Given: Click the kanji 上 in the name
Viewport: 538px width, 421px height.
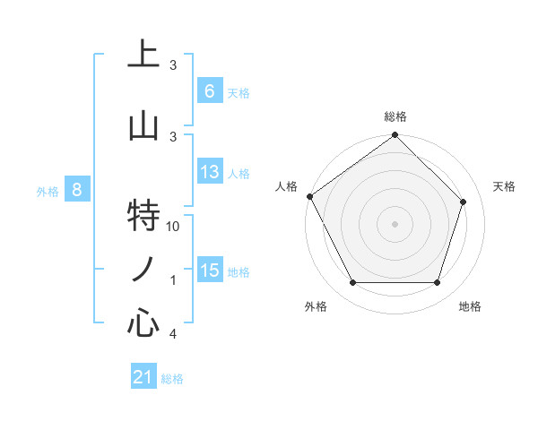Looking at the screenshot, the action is point(143,55).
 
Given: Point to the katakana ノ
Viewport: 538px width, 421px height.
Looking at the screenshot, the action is point(143,269).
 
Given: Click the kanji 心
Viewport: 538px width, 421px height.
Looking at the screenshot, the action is point(143,322).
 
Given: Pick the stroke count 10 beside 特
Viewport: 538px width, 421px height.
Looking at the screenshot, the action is point(174,227).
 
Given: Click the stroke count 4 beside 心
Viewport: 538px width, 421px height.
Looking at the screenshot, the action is point(173,334).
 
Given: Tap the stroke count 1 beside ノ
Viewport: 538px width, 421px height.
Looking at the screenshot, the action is point(173,280).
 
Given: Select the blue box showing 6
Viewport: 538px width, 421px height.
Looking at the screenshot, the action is point(210,91).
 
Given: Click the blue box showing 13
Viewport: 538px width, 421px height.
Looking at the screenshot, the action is point(210,173).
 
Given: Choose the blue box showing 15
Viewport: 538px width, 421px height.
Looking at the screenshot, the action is point(210,271).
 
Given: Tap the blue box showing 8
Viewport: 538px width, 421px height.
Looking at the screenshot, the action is point(77,190).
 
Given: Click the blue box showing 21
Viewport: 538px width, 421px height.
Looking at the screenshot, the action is point(143,378).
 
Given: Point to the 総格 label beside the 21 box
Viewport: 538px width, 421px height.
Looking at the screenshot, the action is point(172,379).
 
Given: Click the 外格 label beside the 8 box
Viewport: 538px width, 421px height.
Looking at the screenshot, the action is point(48,191).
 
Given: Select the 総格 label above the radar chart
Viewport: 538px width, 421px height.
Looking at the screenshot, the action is point(395,116).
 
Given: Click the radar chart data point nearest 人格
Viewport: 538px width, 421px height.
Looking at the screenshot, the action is point(310,196).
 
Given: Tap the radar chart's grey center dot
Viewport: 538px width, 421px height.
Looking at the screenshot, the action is point(395,223).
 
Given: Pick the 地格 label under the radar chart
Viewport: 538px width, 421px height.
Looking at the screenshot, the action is point(470,306).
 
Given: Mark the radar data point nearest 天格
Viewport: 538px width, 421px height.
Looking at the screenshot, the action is point(464,202).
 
